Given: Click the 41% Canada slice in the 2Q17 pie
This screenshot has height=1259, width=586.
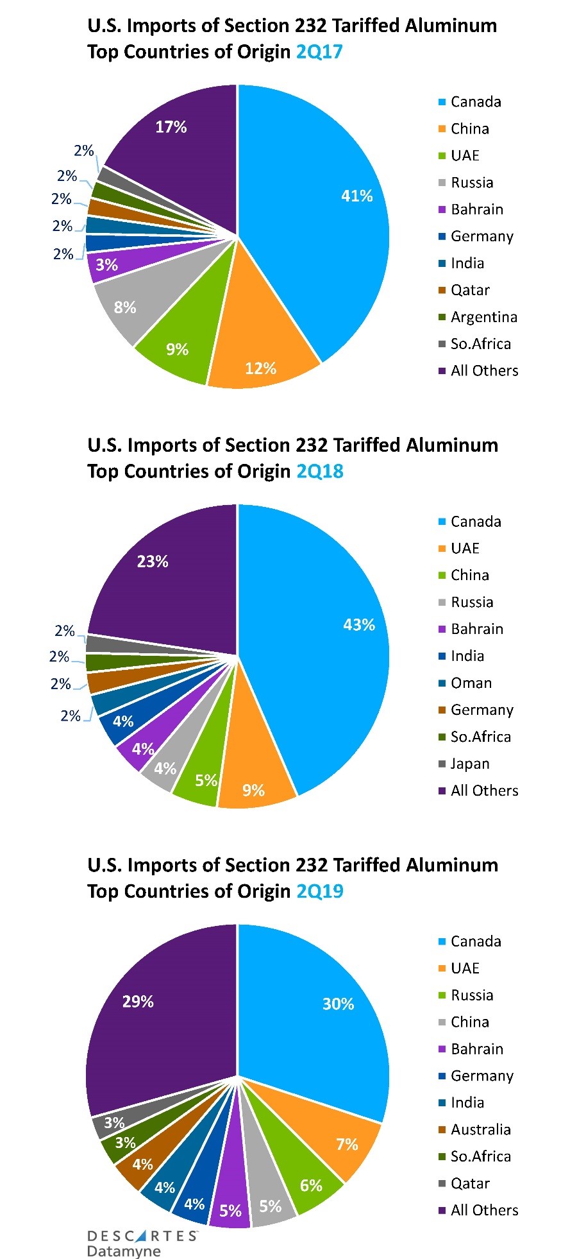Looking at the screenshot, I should tap(321, 212).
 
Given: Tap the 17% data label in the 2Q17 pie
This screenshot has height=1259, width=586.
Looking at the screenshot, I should tap(171, 127).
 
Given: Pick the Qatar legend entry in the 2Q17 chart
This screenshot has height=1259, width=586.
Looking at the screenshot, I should tap(470, 290).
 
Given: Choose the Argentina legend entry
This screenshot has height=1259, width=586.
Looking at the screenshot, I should tap(483, 317).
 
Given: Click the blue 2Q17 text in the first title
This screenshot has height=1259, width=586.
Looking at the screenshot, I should tap(319, 51).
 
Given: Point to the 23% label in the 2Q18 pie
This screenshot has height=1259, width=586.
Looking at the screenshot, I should tap(153, 561).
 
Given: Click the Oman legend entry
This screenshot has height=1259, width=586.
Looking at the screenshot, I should tap(471, 683).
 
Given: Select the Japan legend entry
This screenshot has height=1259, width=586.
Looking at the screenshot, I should tap(470, 764).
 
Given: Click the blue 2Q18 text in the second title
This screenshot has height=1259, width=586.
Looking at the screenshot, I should tap(320, 472).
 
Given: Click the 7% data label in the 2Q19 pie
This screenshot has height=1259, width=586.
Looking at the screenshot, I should tap(347, 1144).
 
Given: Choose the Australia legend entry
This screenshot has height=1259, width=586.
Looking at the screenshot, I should tap(480, 1129).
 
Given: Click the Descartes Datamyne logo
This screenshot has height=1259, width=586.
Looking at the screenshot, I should tap(142, 1242).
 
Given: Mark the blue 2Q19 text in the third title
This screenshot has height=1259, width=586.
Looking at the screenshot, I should tap(320, 891).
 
